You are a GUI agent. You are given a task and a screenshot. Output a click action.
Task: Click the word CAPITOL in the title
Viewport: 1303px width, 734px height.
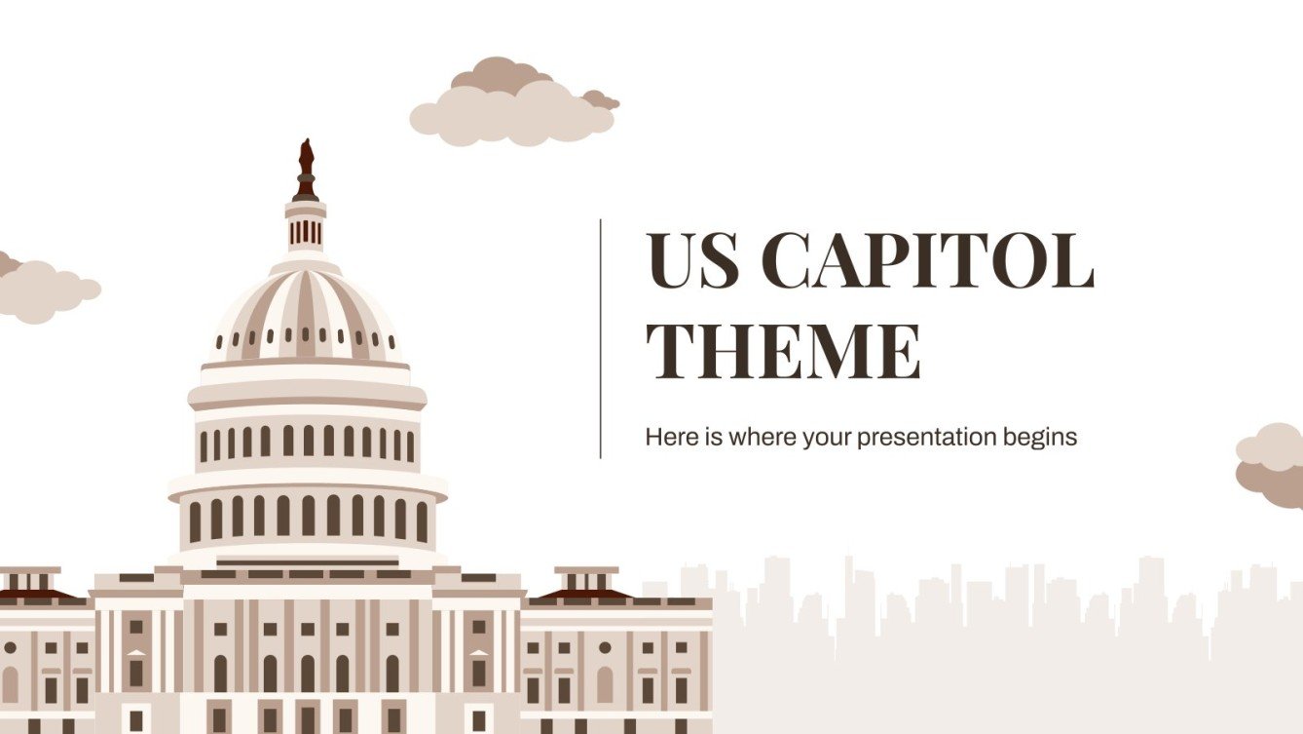(927, 262)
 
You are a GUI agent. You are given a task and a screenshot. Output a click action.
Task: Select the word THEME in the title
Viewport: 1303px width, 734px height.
(784, 350)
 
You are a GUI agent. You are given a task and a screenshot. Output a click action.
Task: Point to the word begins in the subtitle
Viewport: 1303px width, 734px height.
(1041, 438)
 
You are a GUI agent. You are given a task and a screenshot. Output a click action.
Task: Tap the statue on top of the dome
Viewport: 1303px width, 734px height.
(306, 161)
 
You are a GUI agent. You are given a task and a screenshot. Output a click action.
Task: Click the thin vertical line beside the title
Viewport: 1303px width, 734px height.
(601, 338)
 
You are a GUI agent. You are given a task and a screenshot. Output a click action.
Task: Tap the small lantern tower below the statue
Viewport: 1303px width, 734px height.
(306, 226)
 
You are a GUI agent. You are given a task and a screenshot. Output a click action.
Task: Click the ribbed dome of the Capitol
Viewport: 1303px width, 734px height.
(306, 312)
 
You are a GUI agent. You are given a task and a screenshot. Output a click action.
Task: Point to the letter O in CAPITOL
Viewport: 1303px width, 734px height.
(1019, 262)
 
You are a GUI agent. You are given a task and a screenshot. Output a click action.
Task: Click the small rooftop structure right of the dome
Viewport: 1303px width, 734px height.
(586, 583)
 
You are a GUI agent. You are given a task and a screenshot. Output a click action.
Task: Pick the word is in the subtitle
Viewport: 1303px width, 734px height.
(707, 437)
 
